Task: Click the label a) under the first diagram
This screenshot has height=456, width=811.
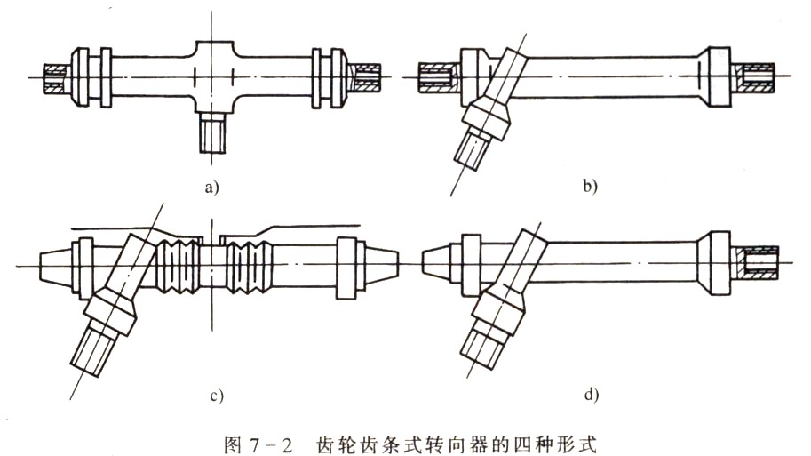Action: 210,187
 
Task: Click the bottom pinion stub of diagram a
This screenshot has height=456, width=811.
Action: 211,133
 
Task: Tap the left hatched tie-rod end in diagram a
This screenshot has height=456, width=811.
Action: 55,76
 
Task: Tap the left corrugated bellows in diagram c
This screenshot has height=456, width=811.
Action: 177,265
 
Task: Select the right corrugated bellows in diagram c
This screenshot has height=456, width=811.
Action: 248,265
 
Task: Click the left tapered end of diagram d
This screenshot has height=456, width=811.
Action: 436,264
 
